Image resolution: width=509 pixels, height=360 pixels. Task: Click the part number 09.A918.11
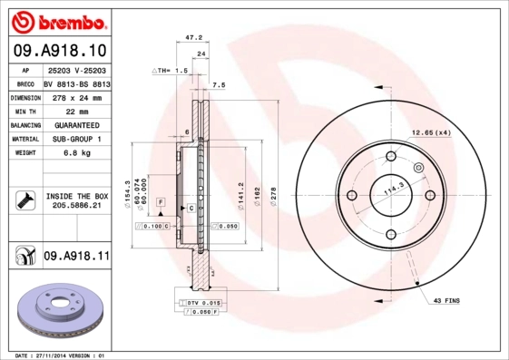76,258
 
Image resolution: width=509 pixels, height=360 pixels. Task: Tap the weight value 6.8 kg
76,153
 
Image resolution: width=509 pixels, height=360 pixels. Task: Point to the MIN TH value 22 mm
76,111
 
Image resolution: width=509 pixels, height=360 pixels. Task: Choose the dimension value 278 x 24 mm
76,96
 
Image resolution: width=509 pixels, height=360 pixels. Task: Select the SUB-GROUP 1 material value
76,139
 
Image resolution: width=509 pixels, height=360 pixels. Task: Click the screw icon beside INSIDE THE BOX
24,200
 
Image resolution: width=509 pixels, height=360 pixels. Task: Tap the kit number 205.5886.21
76,207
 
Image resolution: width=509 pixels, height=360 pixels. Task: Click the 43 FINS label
448,300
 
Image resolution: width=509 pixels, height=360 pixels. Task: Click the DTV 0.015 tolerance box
203,301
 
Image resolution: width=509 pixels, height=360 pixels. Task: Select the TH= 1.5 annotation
170,70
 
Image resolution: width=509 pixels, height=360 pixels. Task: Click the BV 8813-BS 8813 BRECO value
76,83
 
